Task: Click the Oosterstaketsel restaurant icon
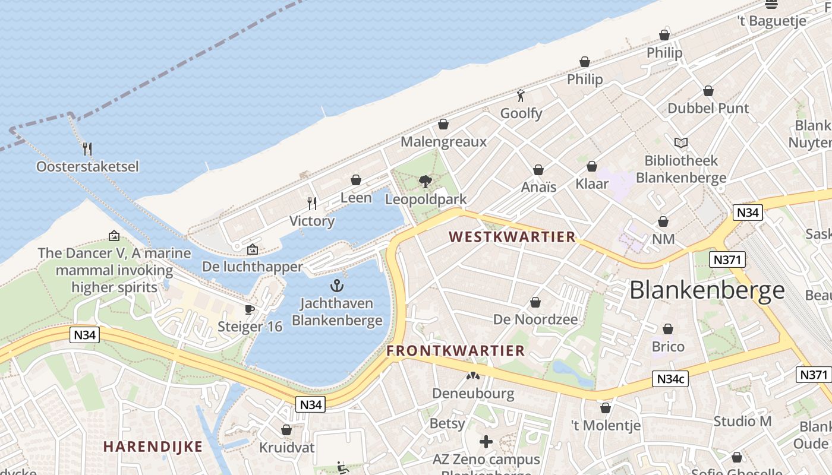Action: click(x=87, y=148)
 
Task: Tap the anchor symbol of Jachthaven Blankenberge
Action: click(x=337, y=286)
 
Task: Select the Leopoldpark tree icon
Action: click(x=425, y=182)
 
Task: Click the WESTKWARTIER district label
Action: click(x=512, y=237)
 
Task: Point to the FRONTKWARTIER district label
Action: click(x=456, y=351)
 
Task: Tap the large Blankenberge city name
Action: click(x=707, y=290)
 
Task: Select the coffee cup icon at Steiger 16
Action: click(x=250, y=309)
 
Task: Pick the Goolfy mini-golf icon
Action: click(x=521, y=96)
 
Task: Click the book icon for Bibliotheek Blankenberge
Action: click(x=681, y=143)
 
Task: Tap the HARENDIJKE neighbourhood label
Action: click(x=153, y=446)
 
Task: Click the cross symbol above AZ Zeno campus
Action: click(x=486, y=442)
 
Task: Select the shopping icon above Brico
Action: click(x=668, y=329)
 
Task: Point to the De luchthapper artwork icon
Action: click(x=253, y=249)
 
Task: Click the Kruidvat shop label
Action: click(x=286, y=447)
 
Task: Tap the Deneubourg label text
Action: click(x=473, y=393)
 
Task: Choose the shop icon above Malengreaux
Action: click(x=443, y=125)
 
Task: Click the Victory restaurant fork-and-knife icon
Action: click(x=312, y=204)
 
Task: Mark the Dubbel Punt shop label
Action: click(x=708, y=108)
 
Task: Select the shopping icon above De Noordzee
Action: click(x=535, y=303)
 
